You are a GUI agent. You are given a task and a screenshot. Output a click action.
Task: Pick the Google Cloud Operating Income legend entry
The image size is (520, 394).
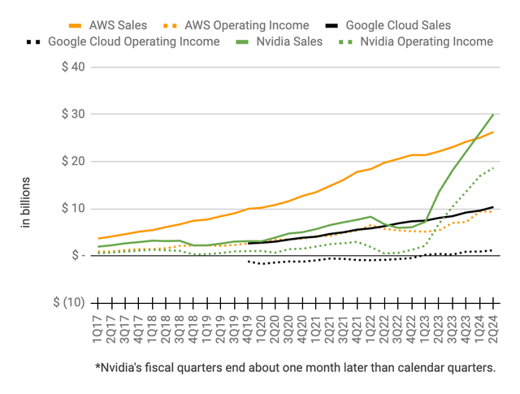pos(134,41)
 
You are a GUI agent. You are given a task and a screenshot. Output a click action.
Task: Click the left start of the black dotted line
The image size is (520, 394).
pos(249,262)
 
